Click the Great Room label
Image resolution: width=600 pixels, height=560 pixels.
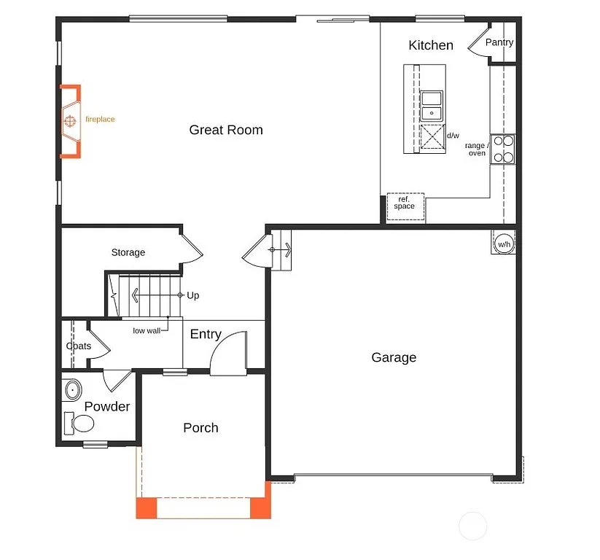226,130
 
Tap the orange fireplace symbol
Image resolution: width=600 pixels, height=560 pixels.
71,120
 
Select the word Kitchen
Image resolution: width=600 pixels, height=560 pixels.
430,45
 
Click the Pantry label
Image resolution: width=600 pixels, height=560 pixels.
499,42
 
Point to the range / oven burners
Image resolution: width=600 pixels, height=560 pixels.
502,149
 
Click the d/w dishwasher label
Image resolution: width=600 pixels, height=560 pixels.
453,136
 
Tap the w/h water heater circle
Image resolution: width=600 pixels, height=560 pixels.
504,244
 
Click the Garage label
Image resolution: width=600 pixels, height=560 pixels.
394,357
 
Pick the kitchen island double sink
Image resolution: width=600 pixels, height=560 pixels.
432,105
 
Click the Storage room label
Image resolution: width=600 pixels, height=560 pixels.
128,252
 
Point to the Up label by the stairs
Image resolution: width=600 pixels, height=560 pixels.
193,295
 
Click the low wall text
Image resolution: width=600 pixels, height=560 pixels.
146,330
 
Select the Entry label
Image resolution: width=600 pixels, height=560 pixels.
206,334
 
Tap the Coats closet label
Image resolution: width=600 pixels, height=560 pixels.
79,346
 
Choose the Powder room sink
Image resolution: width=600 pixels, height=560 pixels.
72,391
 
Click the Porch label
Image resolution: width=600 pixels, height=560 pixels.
200,428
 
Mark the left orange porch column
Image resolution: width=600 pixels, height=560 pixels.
147,507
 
